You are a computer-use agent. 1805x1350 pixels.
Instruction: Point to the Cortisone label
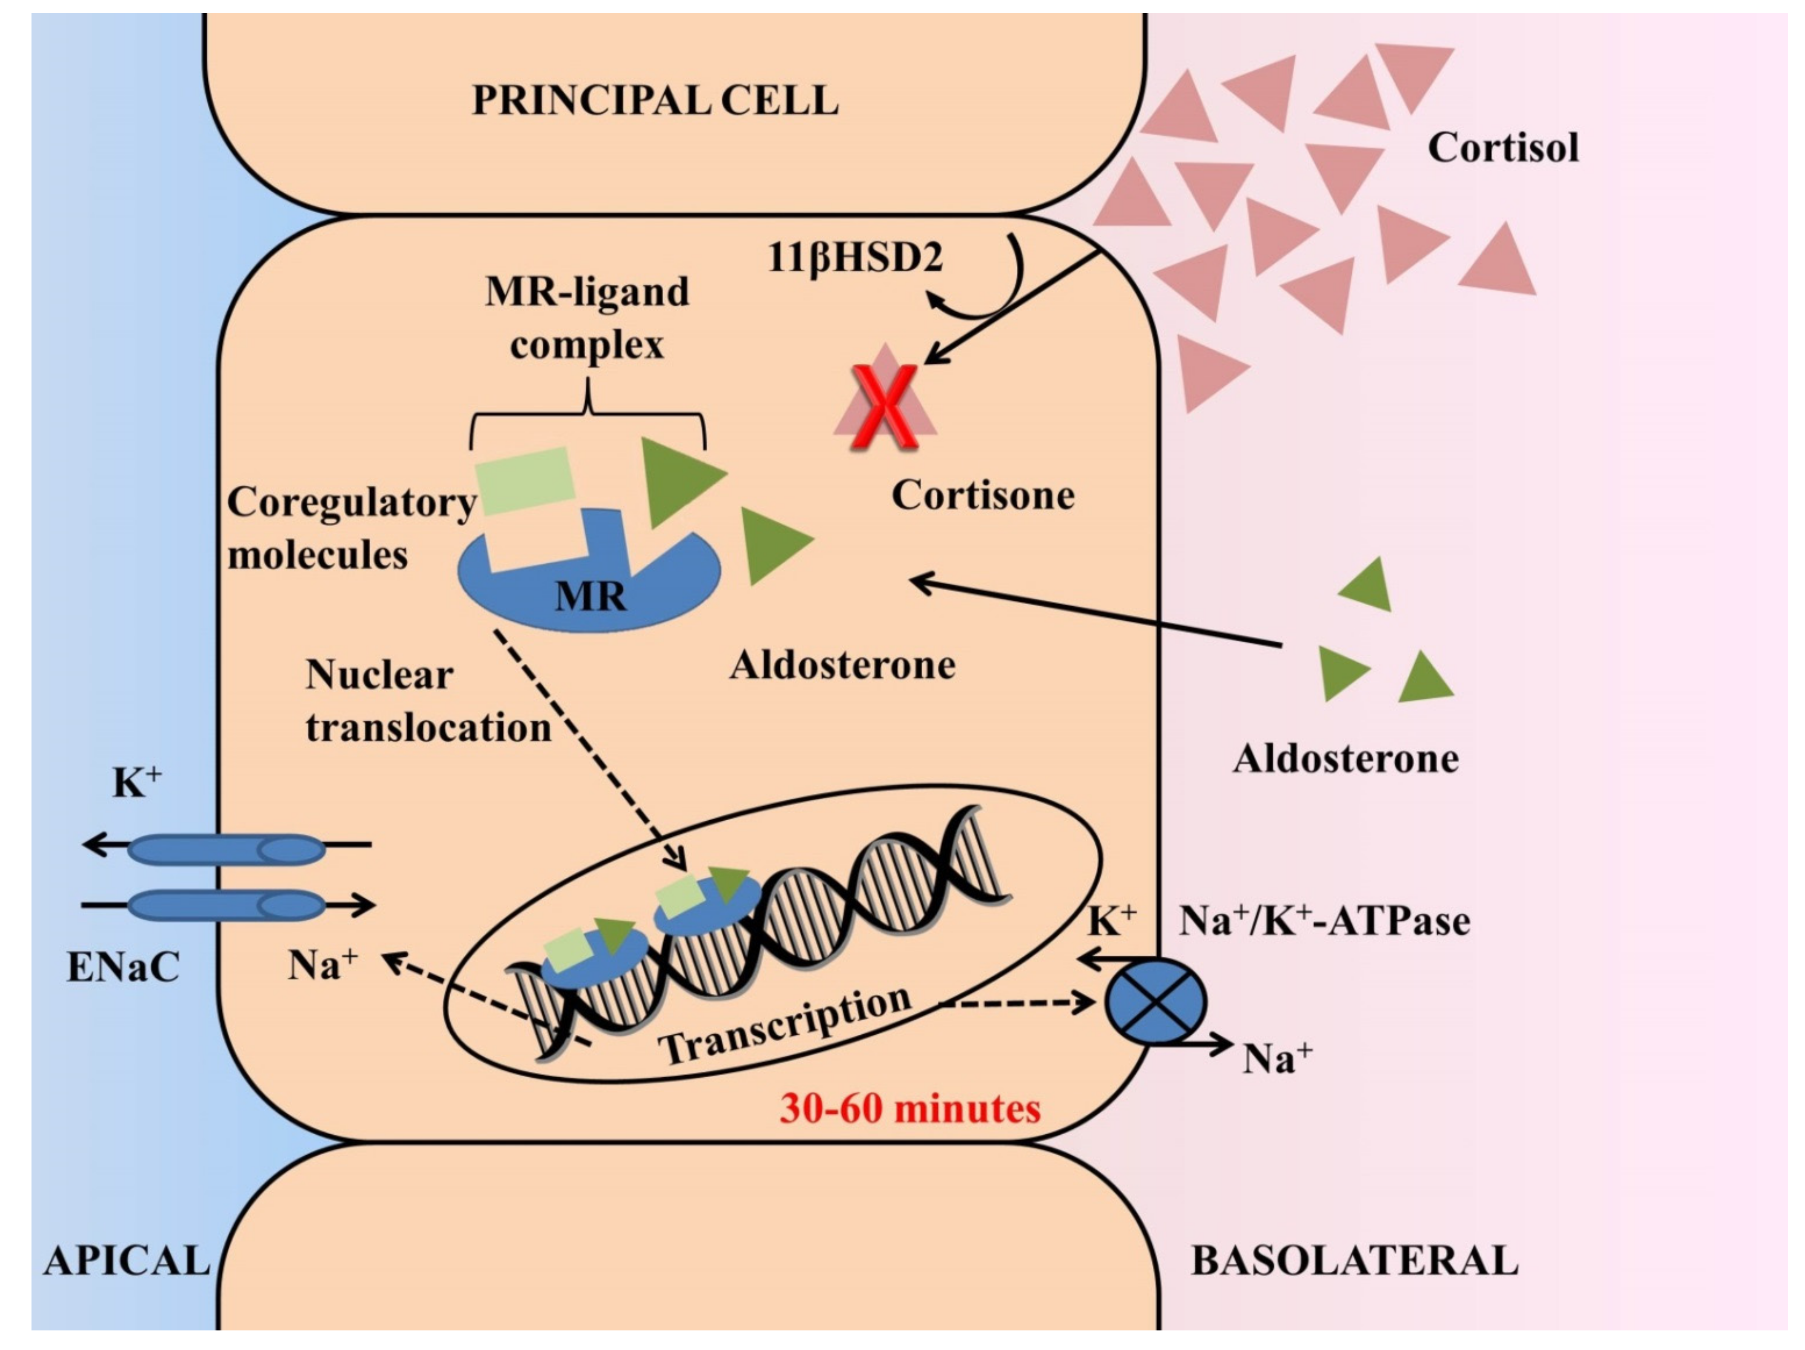[x=982, y=495]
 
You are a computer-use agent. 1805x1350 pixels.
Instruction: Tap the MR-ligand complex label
[x=587, y=318]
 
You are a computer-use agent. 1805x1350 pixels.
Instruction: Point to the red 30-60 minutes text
[x=910, y=1109]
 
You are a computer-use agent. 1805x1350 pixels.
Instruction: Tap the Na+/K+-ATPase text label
[x=1324, y=922]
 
